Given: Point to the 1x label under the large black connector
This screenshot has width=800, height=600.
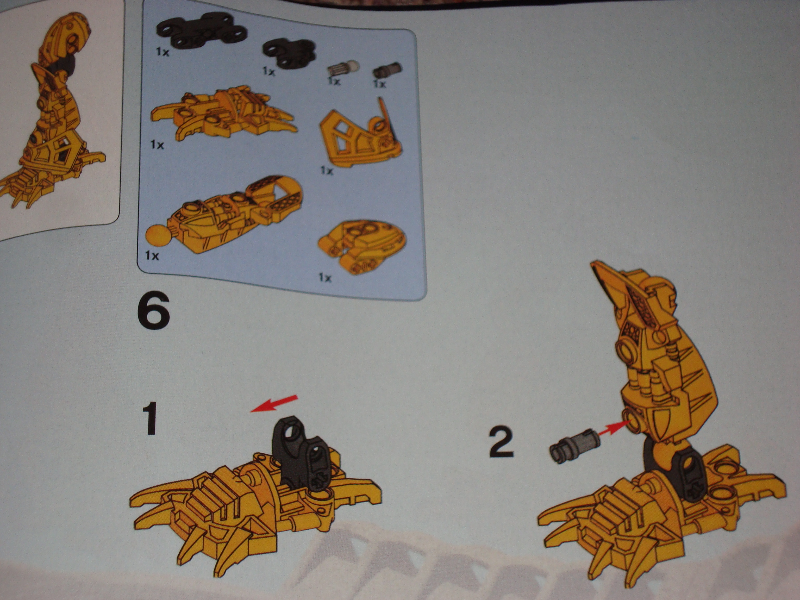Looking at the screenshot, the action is tap(162, 52).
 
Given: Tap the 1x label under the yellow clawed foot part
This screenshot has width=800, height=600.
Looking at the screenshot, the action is tap(157, 145).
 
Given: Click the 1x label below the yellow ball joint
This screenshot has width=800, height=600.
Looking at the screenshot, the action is tap(152, 256).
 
